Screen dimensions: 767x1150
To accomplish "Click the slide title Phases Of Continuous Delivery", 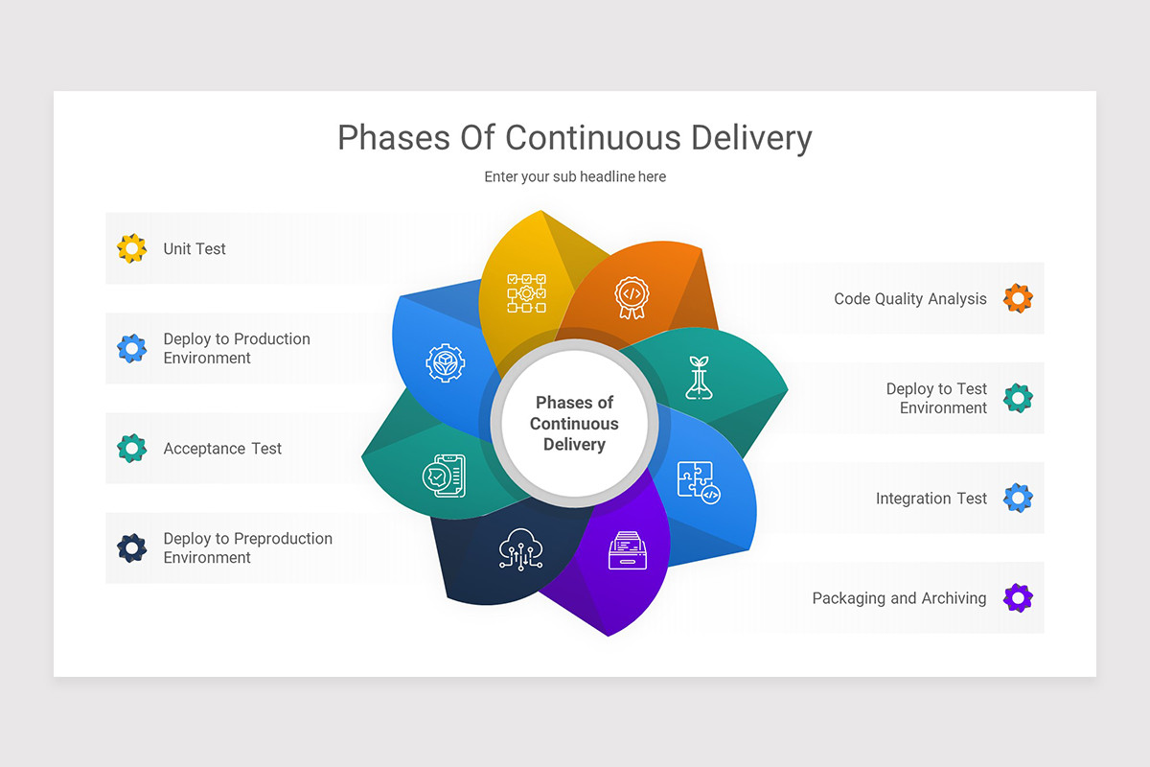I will [x=574, y=138].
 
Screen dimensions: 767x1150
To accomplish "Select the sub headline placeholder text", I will [x=574, y=176].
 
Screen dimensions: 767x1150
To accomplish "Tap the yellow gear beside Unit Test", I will [x=131, y=248].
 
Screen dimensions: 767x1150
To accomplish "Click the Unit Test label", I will [x=195, y=249].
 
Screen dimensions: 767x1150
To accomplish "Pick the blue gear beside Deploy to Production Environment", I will [x=131, y=348].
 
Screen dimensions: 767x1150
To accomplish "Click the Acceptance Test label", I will [x=222, y=449].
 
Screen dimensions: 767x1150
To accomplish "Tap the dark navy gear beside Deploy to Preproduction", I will [x=131, y=548].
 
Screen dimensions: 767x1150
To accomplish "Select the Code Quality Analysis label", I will [x=909, y=299].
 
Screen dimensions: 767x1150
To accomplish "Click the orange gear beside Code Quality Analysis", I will [x=1018, y=298].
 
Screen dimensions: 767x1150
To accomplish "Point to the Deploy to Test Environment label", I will [x=935, y=398].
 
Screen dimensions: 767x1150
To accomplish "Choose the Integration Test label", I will [x=931, y=499].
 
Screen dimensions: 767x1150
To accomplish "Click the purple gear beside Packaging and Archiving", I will [x=1018, y=598].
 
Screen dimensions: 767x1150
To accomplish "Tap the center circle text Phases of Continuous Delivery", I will [x=574, y=424].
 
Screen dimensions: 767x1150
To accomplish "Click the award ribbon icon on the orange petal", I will [x=630, y=296].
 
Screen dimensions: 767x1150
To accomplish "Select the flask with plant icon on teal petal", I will [x=700, y=377].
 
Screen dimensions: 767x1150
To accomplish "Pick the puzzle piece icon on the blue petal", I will [x=698, y=482].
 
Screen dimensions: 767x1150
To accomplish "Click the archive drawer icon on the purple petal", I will [x=628, y=550].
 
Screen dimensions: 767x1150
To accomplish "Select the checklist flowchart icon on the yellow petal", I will [x=526, y=293].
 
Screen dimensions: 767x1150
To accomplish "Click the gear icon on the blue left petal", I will [x=445, y=363].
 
